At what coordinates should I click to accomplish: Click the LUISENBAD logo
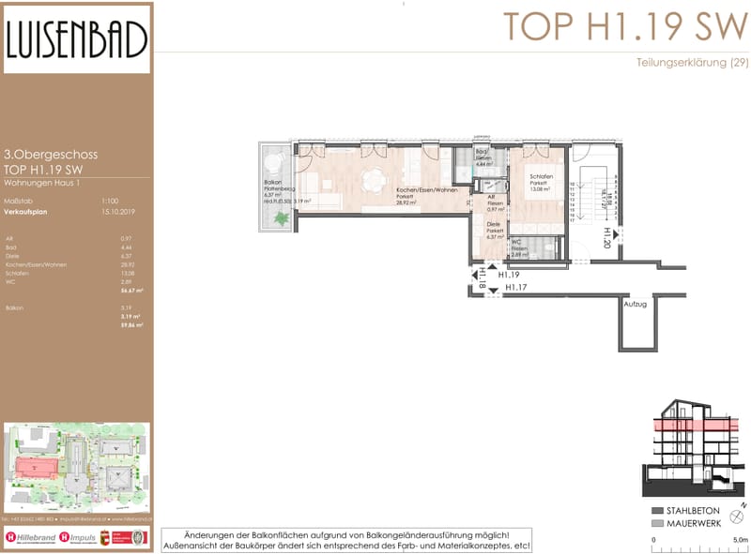tap(76, 39)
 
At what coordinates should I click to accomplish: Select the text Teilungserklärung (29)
tap(691, 63)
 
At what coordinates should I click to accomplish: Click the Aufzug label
tap(635, 304)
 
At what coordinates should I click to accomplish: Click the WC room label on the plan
tap(516, 244)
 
